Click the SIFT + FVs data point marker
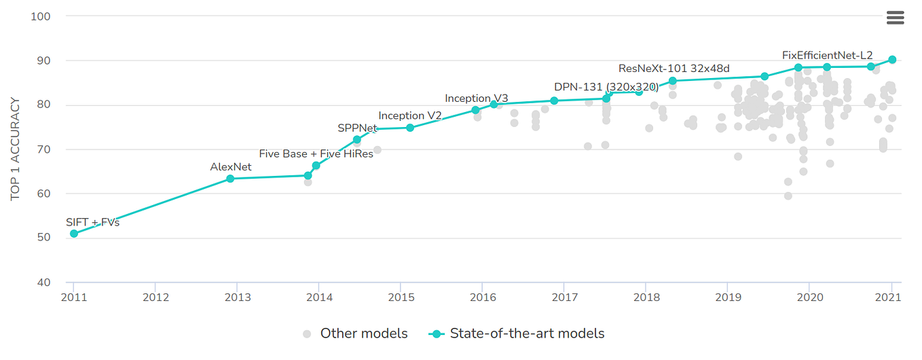(73, 234)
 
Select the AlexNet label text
(231, 166)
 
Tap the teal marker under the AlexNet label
(230, 179)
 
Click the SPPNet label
(357, 128)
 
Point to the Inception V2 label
(410, 115)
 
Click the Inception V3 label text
(476, 98)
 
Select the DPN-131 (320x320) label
(606, 87)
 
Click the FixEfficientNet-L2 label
(827, 56)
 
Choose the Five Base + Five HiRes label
(316, 154)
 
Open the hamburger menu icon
(895, 18)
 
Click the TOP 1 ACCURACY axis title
(16, 149)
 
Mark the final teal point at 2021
(892, 60)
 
